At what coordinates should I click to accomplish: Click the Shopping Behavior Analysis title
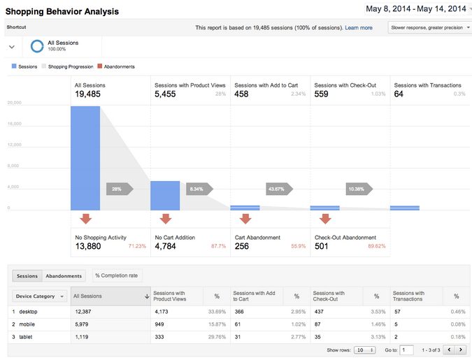pos(62,12)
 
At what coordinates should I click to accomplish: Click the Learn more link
pos(359,27)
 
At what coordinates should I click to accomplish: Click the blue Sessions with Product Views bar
pos(165,196)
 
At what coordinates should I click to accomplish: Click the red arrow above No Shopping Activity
pos(85,219)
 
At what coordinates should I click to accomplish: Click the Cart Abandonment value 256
pos(242,246)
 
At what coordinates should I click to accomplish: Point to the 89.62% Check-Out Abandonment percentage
pos(376,246)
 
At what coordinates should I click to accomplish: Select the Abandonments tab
pos(64,275)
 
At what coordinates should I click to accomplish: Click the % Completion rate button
pos(116,275)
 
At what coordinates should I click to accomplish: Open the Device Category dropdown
pos(41,296)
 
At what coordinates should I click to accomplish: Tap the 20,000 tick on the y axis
pos(14,103)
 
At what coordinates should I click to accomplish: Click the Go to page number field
pos(406,350)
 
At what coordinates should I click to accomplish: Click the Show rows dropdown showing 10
pos(364,350)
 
